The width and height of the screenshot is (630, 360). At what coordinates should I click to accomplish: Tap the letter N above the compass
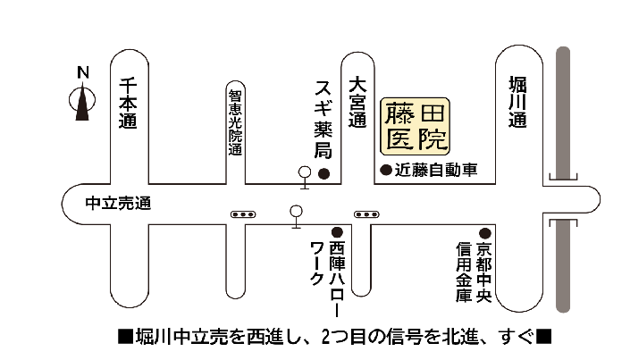point(82,71)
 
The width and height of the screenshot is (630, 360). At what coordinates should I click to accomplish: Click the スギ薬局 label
point(323,119)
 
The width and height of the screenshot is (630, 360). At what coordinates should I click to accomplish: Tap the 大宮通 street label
point(358,102)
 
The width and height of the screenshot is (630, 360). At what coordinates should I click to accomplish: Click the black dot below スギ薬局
point(325,172)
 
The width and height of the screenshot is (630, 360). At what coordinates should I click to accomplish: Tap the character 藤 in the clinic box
point(399,113)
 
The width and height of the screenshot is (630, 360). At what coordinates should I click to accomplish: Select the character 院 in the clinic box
point(433,138)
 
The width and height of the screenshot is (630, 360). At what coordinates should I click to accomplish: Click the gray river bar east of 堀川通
point(564,179)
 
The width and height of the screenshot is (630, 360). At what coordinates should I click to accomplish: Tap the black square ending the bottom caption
point(545,338)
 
